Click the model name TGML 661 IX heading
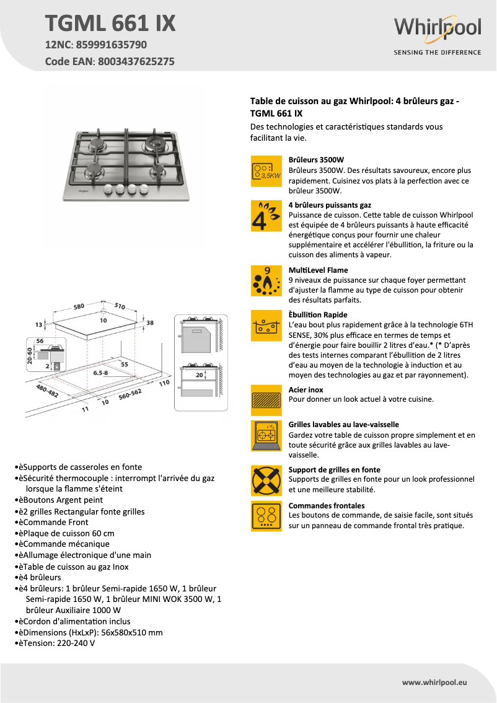[x=110, y=24]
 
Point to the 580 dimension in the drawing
[x=79, y=306]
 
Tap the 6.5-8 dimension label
[x=100, y=373]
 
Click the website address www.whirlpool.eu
[x=434, y=682]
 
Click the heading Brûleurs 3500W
[x=316, y=160]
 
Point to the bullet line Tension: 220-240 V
[x=56, y=643]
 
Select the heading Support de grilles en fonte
[x=335, y=470]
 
